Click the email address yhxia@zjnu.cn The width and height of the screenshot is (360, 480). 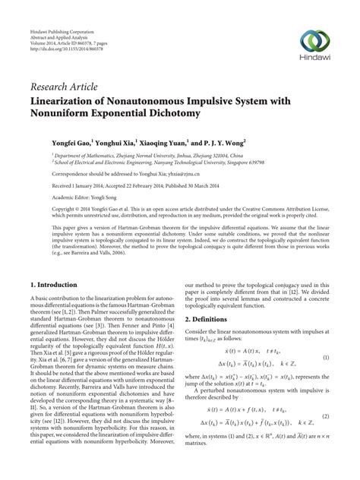tap(191, 172)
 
